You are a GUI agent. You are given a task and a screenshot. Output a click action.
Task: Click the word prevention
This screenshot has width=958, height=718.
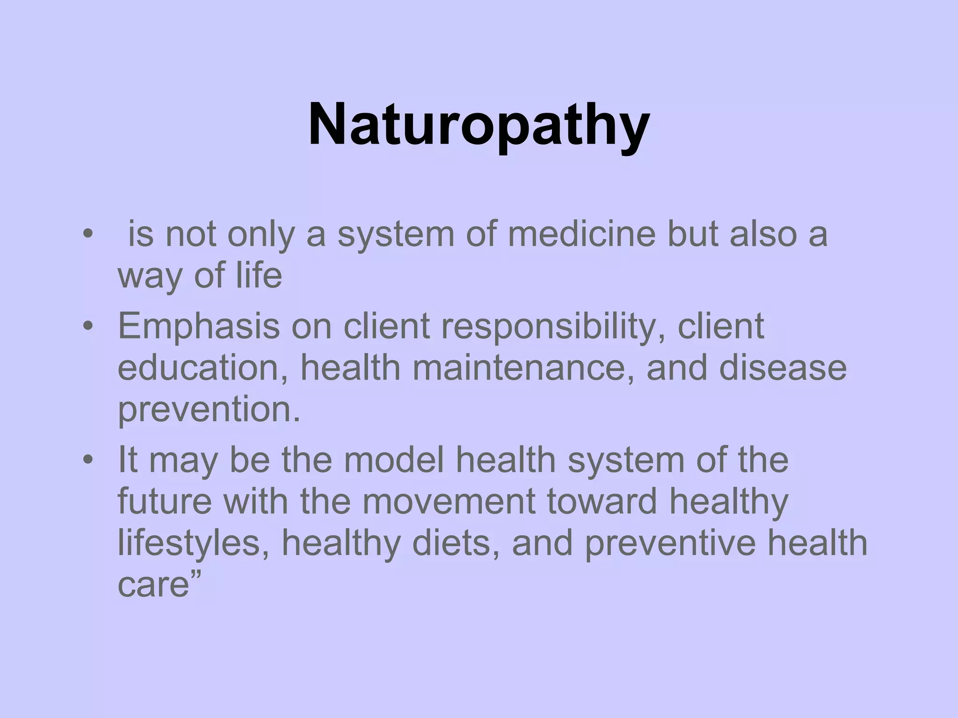point(209,409)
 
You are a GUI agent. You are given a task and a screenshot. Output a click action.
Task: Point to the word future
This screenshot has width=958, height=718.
point(164,501)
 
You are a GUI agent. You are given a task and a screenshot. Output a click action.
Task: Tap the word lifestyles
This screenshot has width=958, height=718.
point(195,543)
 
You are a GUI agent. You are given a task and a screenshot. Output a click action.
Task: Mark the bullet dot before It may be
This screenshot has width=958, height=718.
point(87,461)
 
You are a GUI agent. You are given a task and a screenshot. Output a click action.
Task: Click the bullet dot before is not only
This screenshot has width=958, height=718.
point(87,235)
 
